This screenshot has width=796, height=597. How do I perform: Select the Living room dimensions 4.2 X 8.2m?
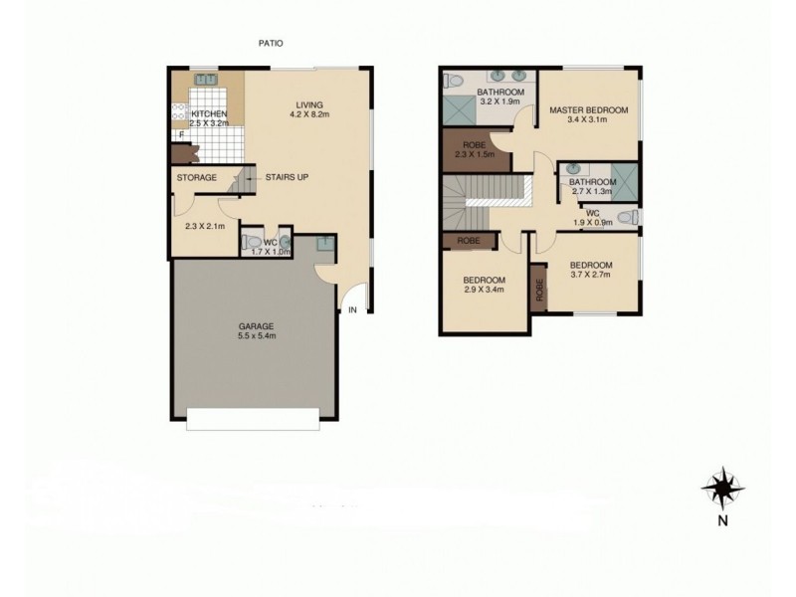308,115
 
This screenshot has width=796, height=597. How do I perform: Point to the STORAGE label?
196,178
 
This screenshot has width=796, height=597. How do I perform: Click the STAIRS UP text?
287,178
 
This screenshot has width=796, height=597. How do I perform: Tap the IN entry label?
352,310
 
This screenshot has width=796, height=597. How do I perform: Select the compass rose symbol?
721,490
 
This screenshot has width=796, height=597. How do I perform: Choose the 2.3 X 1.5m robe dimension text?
474,154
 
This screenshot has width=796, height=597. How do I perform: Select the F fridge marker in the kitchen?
181,134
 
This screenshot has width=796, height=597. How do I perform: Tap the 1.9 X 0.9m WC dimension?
593,222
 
